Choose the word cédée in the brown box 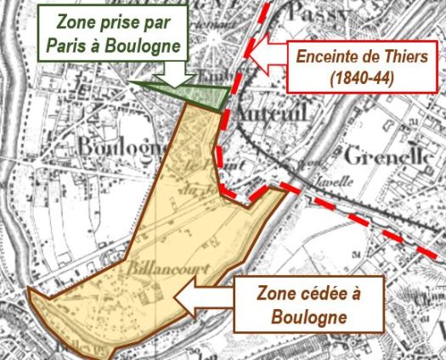coord(330,294)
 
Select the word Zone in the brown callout coord(276,294)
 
